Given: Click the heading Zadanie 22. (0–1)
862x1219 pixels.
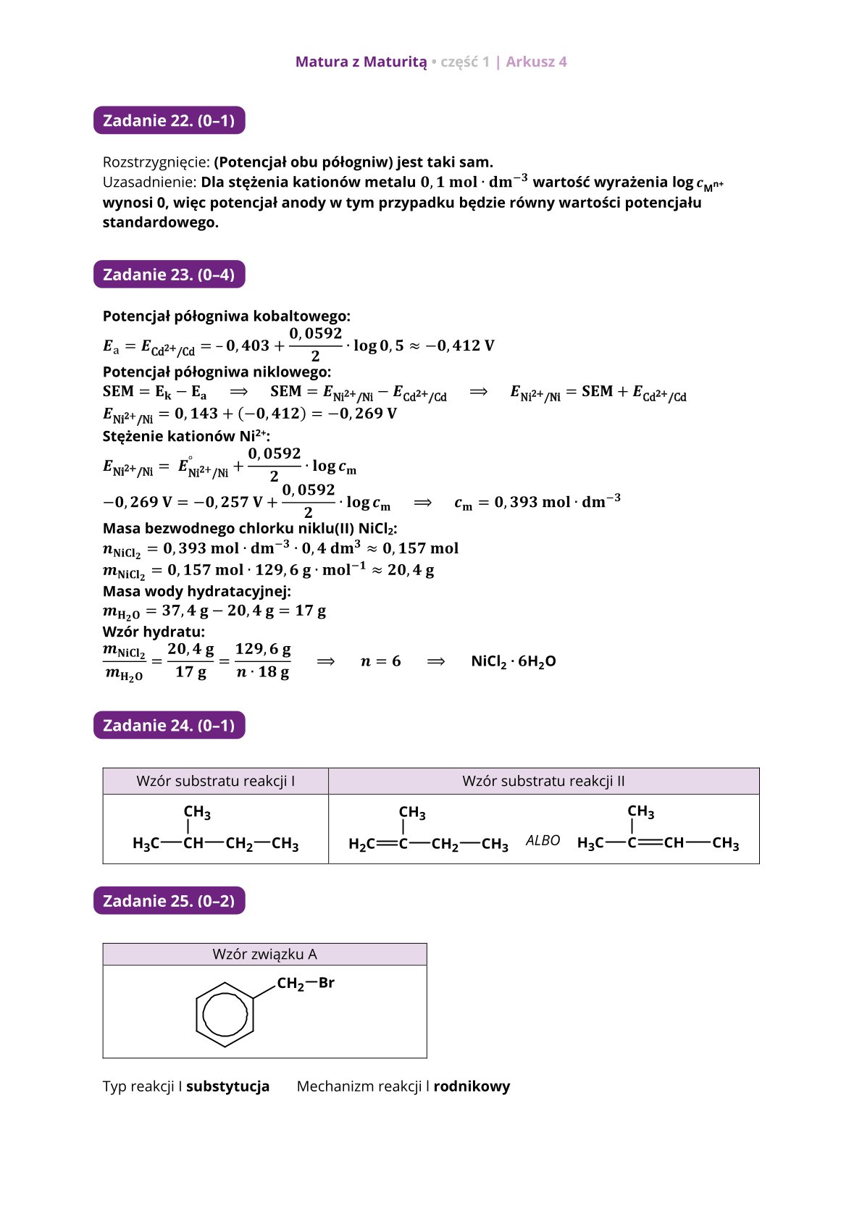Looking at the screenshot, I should (x=169, y=120).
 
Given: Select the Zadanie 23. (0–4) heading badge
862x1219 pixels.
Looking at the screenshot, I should (x=169, y=275).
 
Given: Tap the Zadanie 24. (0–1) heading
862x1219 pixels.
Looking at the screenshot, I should (x=169, y=725).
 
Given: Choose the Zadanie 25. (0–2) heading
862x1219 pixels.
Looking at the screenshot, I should (x=169, y=900).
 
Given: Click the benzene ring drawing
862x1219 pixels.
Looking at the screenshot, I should (x=225, y=1014).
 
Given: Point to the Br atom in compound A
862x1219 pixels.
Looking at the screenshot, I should (x=327, y=983).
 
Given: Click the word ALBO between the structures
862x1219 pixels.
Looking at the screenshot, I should (x=543, y=840).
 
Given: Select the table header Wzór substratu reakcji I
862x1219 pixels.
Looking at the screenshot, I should (x=215, y=781).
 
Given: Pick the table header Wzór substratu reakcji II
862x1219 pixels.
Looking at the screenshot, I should (x=543, y=781).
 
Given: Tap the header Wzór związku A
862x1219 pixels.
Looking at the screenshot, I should (x=264, y=954).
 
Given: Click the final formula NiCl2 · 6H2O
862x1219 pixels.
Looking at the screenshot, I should (x=514, y=661).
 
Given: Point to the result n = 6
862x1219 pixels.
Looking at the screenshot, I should (x=380, y=661).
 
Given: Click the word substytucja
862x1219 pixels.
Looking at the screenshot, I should (x=227, y=1086).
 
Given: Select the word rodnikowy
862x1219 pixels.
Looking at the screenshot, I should (x=472, y=1086).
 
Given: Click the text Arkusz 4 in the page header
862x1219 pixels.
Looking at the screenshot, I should (x=536, y=62).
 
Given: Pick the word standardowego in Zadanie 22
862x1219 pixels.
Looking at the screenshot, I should (x=160, y=222).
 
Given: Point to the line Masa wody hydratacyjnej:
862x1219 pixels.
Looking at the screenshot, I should (x=196, y=590).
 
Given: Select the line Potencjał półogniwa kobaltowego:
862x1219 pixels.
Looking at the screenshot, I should (x=226, y=316).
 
